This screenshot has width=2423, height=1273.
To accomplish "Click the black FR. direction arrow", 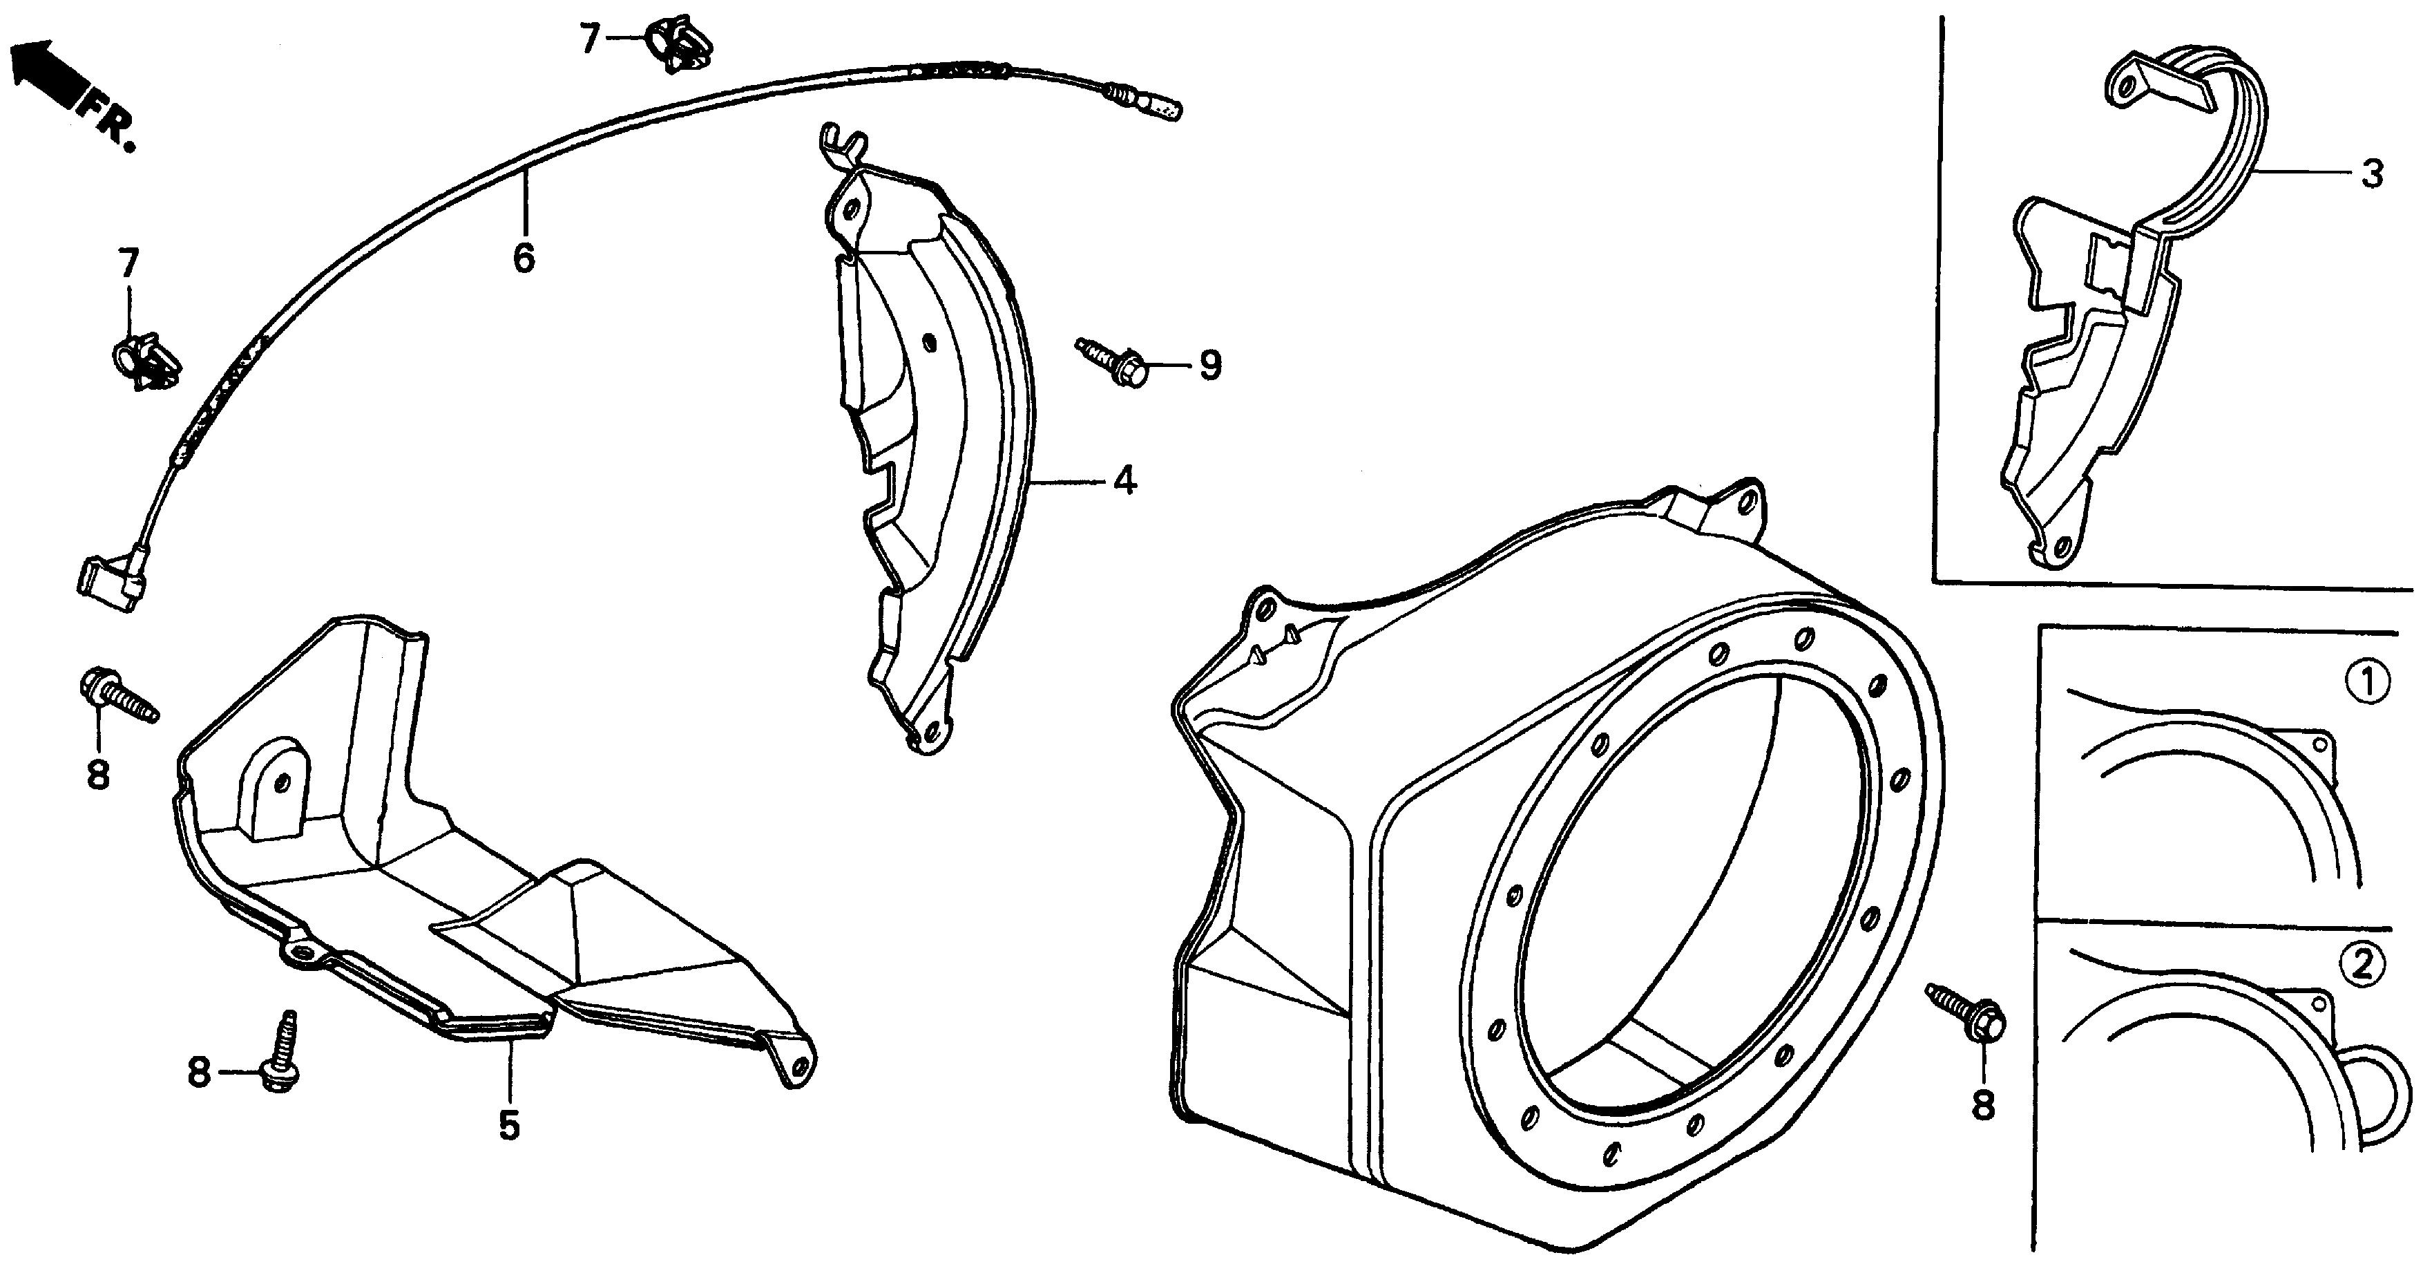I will (45, 70).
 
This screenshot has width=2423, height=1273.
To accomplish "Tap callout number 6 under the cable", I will (524, 256).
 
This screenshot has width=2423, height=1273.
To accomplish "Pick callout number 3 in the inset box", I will (2372, 174).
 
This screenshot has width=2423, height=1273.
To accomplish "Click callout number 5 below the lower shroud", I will (509, 1125).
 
